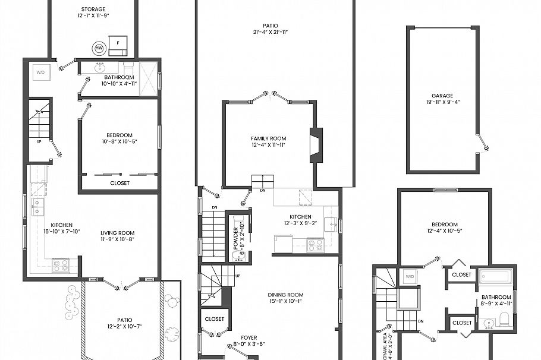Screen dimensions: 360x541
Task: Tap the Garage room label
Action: pos(442,96)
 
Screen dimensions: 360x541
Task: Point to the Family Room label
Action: pos(268,138)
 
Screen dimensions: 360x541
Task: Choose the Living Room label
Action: pos(117,233)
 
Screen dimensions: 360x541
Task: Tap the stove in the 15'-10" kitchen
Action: pos(61,265)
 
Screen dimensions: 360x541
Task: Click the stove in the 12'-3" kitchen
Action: pos(314,244)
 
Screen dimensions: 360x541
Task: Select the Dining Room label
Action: pos(287,295)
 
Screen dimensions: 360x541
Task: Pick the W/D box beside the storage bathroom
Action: pos(40,72)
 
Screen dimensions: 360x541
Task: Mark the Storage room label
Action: pos(93,10)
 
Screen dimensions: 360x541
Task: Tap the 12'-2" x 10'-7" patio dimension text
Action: pos(125,326)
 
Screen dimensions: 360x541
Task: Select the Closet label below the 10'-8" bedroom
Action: pos(119,183)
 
